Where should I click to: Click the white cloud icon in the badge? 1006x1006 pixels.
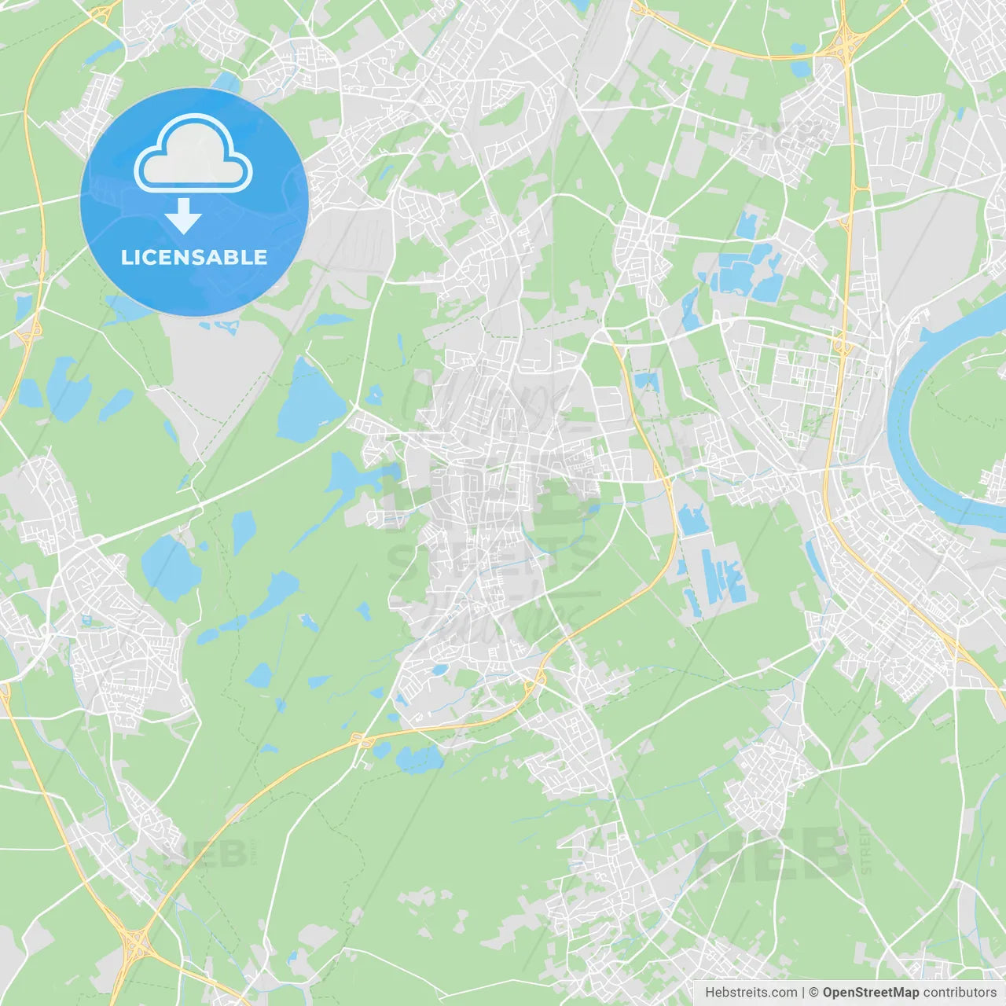click(193, 154)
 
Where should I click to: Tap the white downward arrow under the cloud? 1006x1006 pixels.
click(183, 216)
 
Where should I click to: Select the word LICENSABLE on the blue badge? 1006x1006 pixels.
click(193, 257)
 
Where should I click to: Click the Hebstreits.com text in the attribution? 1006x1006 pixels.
click(751, 993)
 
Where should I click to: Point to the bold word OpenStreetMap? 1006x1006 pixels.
click(870, 993)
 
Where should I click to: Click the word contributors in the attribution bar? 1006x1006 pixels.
click(959, 993)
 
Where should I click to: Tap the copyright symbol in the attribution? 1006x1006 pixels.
click(813, 993)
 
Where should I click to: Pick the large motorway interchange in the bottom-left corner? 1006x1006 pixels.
click(134, 939)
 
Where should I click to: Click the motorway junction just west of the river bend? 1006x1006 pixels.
click(841, 344)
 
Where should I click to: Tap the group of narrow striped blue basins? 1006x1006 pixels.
click(719, 578)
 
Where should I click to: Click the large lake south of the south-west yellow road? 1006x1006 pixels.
click(419, 758)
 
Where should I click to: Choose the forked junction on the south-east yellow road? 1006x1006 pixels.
click(955, 651)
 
